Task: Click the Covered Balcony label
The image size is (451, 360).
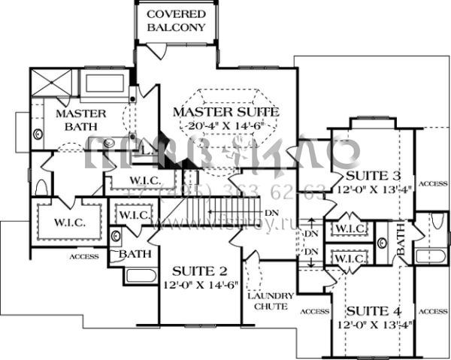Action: pos(176,21)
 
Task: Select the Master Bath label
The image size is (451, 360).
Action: pos(64,120)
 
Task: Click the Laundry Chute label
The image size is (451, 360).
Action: pos(265,301)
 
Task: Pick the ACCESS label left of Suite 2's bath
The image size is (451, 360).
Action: pos(84,256)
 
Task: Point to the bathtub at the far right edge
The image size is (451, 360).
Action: pos(431,255)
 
